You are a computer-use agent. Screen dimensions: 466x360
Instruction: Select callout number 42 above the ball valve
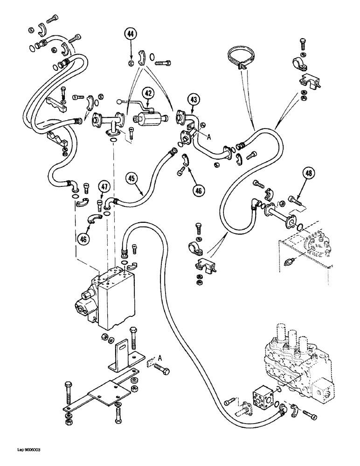click(148, 93)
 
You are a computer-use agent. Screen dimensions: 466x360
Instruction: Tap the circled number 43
click(194, 99)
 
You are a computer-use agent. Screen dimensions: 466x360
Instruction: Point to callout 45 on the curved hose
click(132, 178)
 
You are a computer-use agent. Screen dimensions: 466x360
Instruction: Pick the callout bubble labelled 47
click(104, 187)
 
